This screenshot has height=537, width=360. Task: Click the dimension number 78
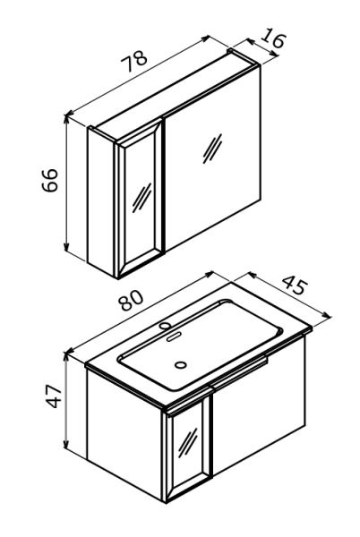click(x=134, y=61)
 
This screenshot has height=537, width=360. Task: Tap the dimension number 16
click(x=272, y=40)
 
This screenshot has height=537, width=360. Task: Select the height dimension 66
click(x=50, y=180)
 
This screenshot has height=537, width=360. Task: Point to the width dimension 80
click(x=131, y=300)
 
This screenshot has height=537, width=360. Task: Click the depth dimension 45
click(x=295, y=285)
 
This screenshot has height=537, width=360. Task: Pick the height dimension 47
click(x=54, y=396)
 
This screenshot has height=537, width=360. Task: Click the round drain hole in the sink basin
click(x=181, y=364)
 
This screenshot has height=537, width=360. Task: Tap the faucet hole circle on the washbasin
click(x=166, y=326)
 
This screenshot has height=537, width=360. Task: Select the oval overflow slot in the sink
click(x=174, y=336)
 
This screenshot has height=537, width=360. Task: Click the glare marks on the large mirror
click(x=212, y=149)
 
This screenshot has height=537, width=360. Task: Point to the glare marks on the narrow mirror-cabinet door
click(x=141, y=198)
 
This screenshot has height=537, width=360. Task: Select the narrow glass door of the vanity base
click(x=188, y=447)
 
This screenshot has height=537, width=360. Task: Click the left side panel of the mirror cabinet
click(x=102, y=201)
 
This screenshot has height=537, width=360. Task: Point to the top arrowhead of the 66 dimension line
click(x=66, y=119)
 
